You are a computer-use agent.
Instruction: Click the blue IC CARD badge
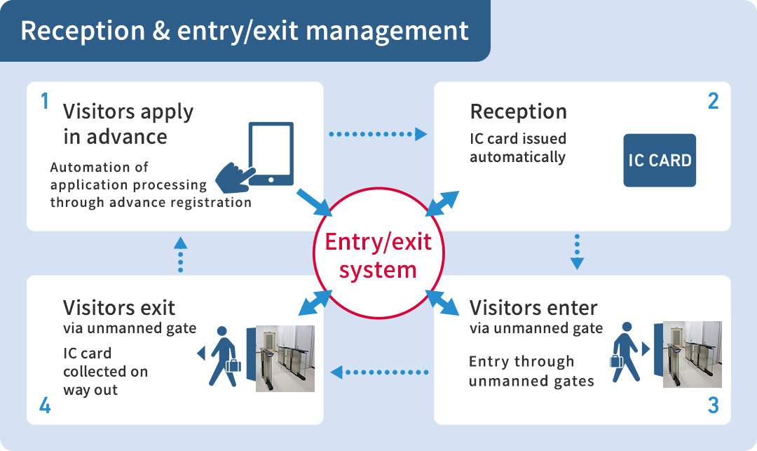pos(660,161)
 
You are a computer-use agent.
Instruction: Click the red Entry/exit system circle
pos(378,257)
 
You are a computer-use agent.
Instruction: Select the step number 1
pos(45,102)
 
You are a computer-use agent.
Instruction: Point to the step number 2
pos(713,102)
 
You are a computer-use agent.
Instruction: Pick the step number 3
pos(713,405)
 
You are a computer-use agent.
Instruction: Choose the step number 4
pos(45,405)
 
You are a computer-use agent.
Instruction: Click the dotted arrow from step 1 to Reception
pos(378,133)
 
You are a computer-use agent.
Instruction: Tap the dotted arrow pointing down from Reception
pos(577,252)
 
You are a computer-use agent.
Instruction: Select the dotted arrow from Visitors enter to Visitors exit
pos(379,372)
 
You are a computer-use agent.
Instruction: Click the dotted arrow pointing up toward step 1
pos(180,253)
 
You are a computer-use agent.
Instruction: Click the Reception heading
pos(518,112)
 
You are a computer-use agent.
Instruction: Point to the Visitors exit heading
pos(119,307)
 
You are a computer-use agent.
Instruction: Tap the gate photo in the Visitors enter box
pos(692,354)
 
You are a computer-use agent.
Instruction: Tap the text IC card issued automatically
pos(517,147)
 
